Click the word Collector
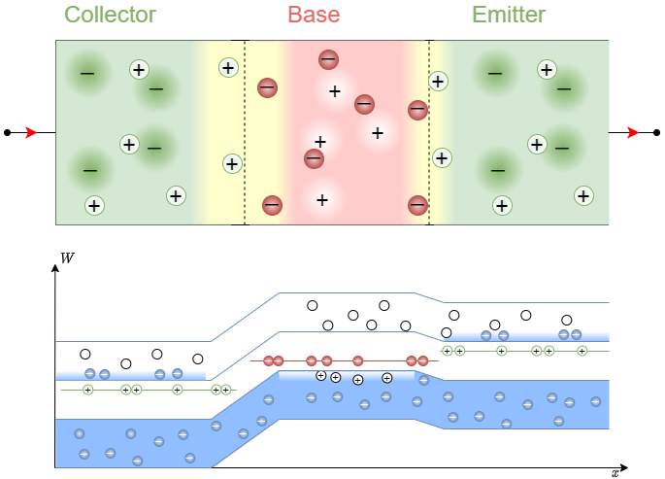tap(110, 15)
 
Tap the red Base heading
tap(315, 15)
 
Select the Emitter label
tap(508, 15)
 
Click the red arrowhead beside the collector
tap(31, 132)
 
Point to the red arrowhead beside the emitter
tap(633, 132)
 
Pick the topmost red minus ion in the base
tap(328, 60)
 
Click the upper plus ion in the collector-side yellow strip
tap(228, 67)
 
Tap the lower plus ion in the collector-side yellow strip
tap(232, 163)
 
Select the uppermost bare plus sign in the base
tap(335, 91)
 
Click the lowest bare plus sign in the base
tap(322, 200)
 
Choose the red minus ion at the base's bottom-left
tap(272, 205)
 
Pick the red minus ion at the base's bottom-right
tap(417, 205)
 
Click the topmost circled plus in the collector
tap(139, 69)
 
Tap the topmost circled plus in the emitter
tap(547, 69)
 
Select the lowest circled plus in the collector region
tap(94, 205)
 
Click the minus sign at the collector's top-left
tap(87, 73)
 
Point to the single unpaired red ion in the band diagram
tap(358, 360)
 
